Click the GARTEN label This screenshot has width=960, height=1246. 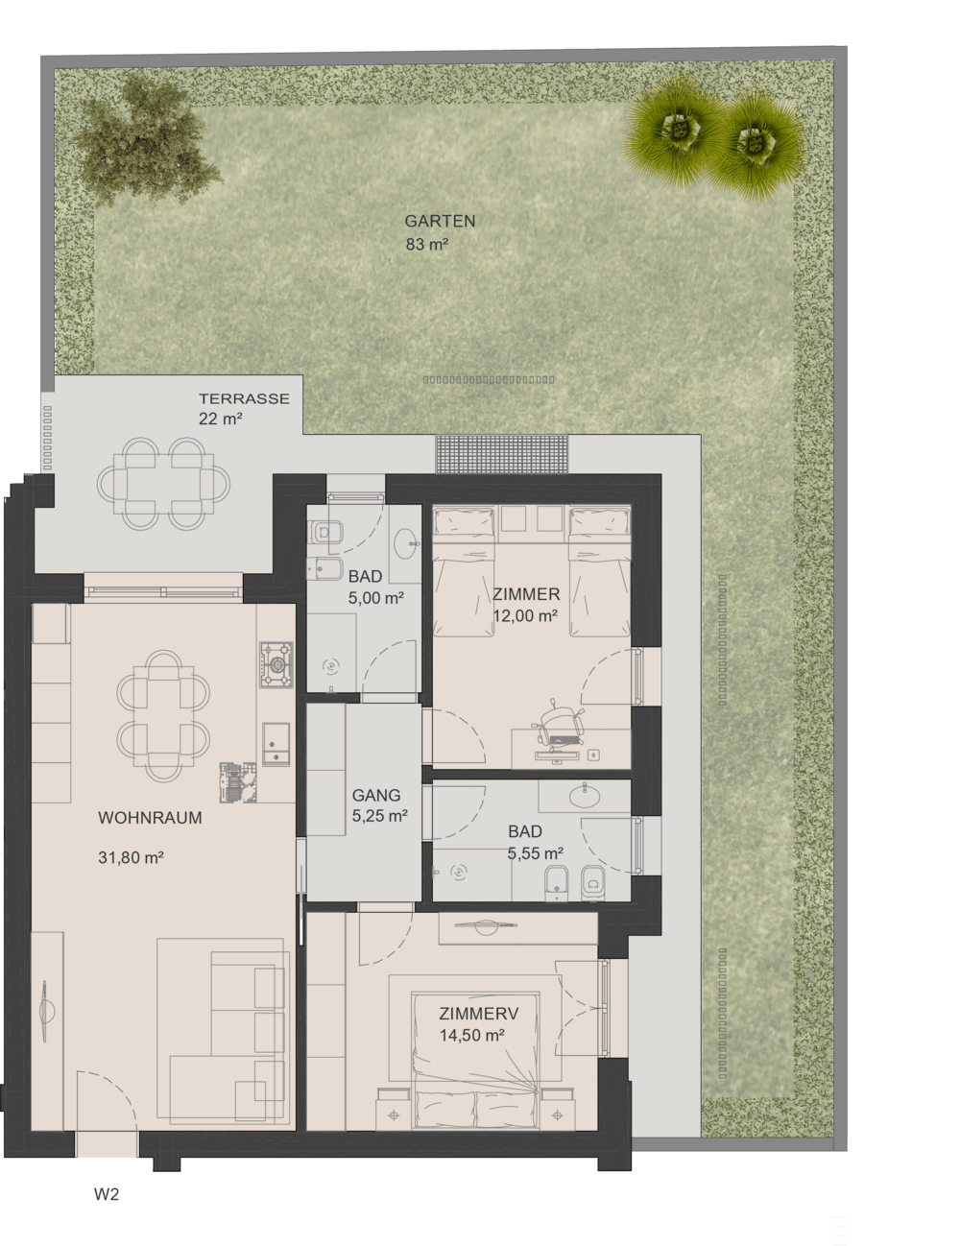pos(440,221)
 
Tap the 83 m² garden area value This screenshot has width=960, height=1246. pos(426,244)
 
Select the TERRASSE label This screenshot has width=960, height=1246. pos(244,398)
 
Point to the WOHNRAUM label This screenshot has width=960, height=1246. pos(151,818)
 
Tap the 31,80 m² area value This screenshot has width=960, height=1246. pos(132,858)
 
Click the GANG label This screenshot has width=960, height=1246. pos(376,795)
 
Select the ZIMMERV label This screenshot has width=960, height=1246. pos(479,1014)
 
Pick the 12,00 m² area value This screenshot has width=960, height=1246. pos(526,616)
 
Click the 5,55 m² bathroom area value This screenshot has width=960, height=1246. pos(535,853)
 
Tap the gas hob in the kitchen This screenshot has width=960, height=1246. pos(276,664)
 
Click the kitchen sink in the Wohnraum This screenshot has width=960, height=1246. pos(276,744)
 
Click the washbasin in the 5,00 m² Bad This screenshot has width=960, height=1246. pos(407,543)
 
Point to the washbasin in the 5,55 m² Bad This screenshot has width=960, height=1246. pos(585,795)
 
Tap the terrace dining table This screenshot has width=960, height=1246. pos(163,484)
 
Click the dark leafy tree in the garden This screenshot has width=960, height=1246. pos(147,140)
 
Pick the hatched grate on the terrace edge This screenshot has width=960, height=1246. pos(502,454)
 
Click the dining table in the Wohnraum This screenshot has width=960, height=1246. pos(163,715)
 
